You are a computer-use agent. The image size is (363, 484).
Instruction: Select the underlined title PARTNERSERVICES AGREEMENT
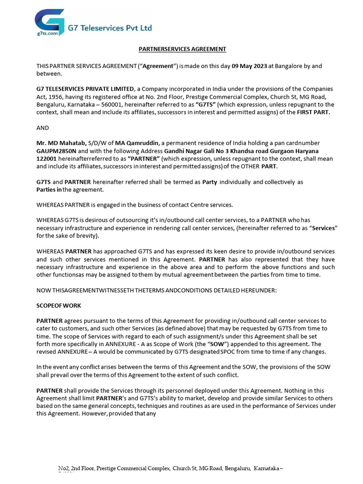pos(182,49)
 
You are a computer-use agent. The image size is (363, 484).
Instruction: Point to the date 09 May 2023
pos(249,66)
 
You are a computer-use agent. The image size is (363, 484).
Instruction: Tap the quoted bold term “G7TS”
pos(206,104)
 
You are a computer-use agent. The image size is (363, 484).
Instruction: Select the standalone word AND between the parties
pos(43,128)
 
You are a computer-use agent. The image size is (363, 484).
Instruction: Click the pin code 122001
pos(46,159)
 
